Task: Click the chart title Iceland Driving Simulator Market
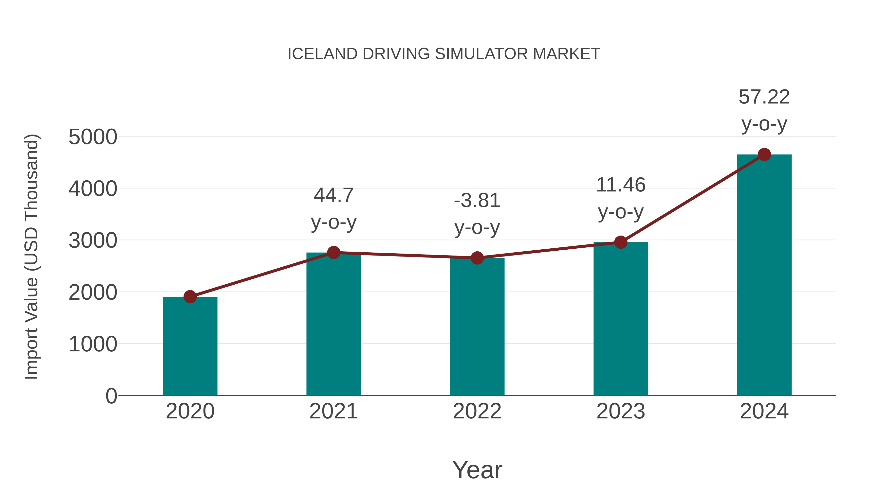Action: [x=444, y=54]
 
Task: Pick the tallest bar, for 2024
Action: [x=764, y=275]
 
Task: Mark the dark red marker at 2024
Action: [x=764, y=154]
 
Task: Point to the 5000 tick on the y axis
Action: [x=93, y=137]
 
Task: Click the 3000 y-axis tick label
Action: [x=93, y=241]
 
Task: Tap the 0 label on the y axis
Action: [x=111, y=396]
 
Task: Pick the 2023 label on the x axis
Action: [x=621, y=411]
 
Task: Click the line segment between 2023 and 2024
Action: [x=692, y=198]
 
